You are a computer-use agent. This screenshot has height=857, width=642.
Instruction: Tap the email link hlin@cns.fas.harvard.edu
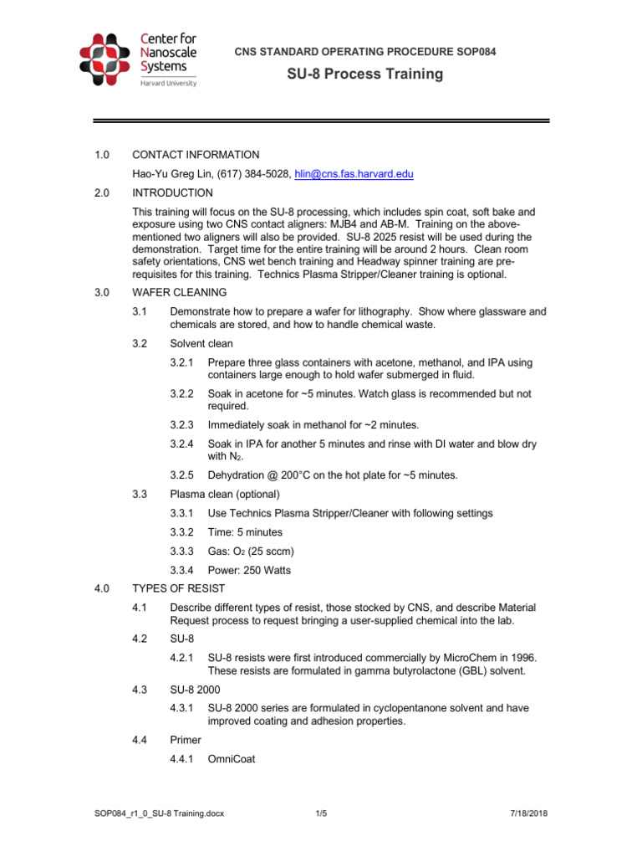point(354,174)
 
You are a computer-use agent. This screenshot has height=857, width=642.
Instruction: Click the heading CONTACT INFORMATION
point(196,155)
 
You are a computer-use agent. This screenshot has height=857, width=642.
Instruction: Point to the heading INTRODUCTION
point(172,193)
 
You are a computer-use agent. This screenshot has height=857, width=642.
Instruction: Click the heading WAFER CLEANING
point(179,293)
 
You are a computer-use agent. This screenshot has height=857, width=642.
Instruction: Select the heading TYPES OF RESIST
point(181,588)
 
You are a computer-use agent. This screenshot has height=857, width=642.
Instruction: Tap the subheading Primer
point(186,741)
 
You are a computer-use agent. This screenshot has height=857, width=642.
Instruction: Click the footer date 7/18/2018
point(528,813)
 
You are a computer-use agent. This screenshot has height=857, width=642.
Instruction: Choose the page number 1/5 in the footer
point(321,813)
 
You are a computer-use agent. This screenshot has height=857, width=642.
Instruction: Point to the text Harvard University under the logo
point(167,83)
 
